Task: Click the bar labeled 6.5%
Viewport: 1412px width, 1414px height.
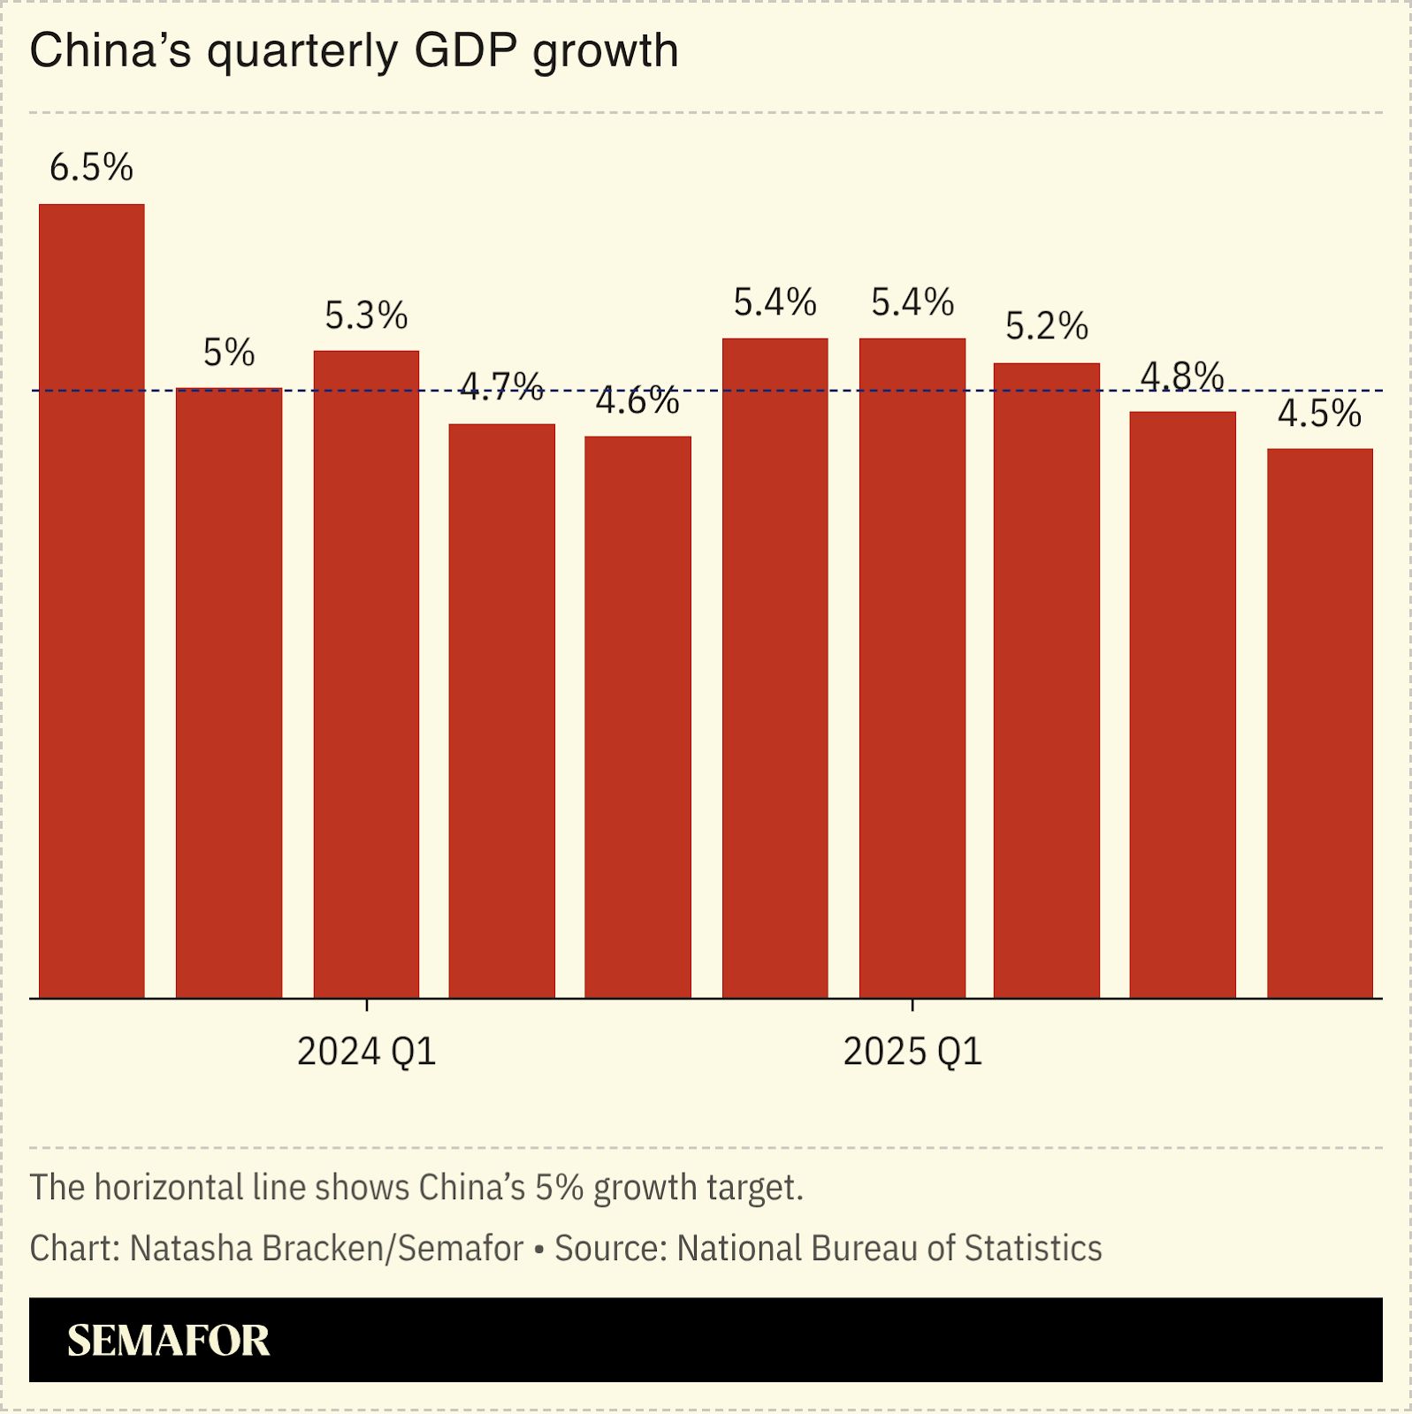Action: pos(92,601)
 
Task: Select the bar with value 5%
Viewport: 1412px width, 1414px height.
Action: pos(229,694)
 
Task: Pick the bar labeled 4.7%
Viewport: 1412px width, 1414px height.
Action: pos(501,711)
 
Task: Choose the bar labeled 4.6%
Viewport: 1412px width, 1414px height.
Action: pos(637,717)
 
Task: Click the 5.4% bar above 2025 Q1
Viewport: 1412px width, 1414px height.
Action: pos(912,668)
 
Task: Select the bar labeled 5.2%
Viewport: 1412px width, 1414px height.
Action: pos(1047,680)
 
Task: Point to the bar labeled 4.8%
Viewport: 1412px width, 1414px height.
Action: pos(1182,704)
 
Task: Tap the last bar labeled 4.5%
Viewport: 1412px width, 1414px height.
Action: pos(1319,723)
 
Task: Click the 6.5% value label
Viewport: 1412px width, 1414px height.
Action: pos(91,168)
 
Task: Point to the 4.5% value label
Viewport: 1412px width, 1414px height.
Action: pos(1319,414)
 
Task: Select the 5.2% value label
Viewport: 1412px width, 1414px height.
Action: pos(1047,327)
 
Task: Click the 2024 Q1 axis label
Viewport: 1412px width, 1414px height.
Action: pos(366,1052)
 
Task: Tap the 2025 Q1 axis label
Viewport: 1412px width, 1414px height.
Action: pos(912,1052)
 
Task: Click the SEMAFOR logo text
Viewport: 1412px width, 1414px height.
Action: pos(168,1341)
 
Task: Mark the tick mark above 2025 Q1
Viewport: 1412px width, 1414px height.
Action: pos(912,1005)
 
